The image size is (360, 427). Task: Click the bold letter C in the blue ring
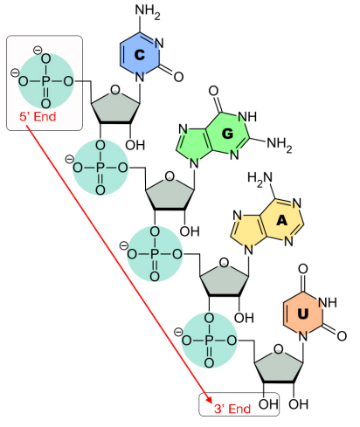coord(140,54)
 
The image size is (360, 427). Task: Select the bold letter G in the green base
coord(227,134)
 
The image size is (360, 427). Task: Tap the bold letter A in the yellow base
coord(281,221)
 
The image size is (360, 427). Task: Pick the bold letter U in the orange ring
coord(303,313)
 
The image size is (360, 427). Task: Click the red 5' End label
coord(38,117)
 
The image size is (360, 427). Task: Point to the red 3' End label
coord(232,409)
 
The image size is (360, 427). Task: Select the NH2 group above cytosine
coord(148,11)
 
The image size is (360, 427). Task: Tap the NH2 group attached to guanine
coord(280,144)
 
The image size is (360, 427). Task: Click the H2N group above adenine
coord(260,178)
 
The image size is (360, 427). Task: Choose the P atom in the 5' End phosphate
coord(45,81)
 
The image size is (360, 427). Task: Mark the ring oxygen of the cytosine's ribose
coord(115,89)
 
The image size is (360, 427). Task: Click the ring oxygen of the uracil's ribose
coord(279,349)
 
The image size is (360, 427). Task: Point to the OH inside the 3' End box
coord(268,404)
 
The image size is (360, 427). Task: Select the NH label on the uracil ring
coord(328,303)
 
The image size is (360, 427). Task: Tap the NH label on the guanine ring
coord(247,117)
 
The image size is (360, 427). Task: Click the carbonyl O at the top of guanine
coord(213,91)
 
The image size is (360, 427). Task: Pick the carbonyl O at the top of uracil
coord(303,268)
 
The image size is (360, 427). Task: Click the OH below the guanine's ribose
coord(190,231)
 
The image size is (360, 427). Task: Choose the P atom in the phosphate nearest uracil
coord(209,341)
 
